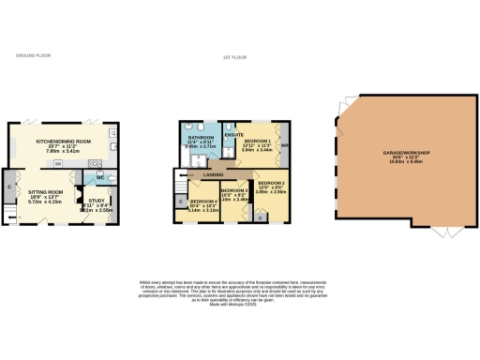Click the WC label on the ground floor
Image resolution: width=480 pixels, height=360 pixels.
pyautogui.click(x=99, y=176)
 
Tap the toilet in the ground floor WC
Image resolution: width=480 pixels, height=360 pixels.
pyautogui.click(x=112, y=176)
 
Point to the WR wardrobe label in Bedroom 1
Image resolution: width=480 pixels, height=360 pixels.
pyautogui.click(x=282, y=147)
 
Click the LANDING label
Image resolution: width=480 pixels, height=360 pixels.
pyautogui.click(x=216, y=173)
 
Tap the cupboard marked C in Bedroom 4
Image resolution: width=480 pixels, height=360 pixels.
pyautogui.click(x=181, y=200)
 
